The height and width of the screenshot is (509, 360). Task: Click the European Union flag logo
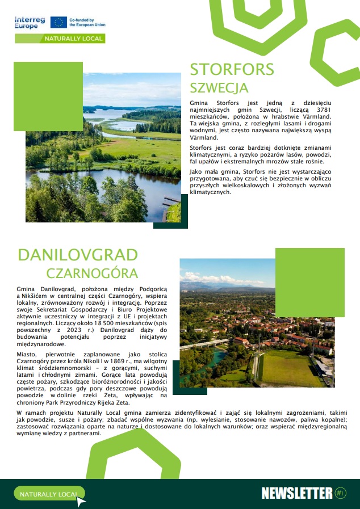[58, 22]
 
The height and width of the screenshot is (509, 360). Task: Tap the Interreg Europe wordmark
[30, 22]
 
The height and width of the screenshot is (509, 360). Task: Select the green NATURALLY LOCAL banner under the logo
[60, 39]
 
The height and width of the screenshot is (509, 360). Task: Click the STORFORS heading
[232, 69]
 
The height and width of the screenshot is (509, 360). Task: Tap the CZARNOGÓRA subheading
[92, 273]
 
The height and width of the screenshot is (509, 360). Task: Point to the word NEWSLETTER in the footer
[296, 493]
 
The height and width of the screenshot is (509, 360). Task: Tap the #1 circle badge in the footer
[340, 493]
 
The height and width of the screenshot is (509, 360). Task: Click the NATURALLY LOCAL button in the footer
[49, 494]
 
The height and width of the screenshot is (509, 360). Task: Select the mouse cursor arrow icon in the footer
[81, 500]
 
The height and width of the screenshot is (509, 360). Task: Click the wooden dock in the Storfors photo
[170, 201]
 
